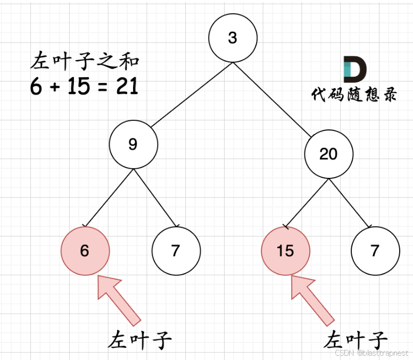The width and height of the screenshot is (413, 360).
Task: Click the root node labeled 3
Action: [x=233, y=38]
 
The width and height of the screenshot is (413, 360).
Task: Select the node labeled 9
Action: [x=133, y=144]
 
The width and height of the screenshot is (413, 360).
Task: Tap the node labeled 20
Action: [x=328, y=154]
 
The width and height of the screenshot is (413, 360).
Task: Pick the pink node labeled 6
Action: [x=85, y=250]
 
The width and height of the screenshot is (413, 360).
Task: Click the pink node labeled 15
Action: [x=285, y=251]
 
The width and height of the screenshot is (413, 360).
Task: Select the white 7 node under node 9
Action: [x=176, y=250]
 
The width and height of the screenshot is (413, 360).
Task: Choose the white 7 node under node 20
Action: [x=375, y=250]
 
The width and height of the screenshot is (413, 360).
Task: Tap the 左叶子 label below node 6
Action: [x=141, y=339]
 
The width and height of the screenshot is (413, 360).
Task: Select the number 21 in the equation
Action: [x=127, y=86]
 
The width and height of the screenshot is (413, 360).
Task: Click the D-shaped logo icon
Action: [x=354, y=69]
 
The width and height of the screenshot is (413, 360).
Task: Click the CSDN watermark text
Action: [x=372, y=353]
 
